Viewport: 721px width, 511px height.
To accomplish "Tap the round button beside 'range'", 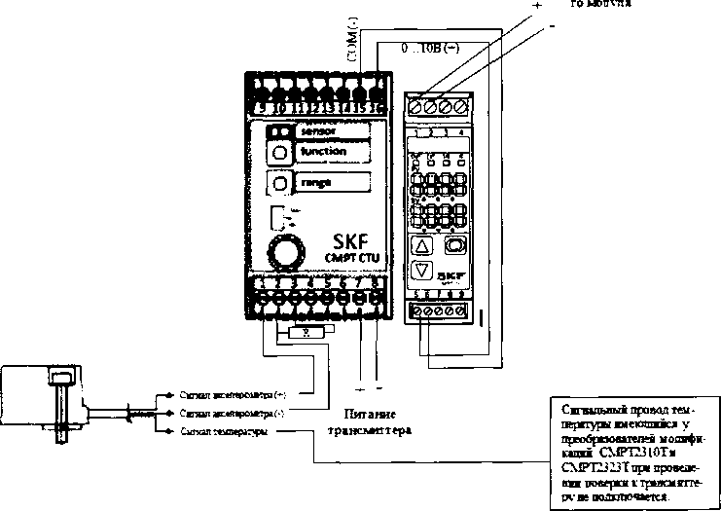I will click(x=279, y=183).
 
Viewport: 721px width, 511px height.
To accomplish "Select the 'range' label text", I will click(x=314, y=182).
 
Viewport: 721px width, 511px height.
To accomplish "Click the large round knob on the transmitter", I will click(x=285, y=254).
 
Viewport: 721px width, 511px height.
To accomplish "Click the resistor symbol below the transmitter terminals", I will click(x=306, y=332).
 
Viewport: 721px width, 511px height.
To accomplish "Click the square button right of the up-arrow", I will click(x=454, y=244).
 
